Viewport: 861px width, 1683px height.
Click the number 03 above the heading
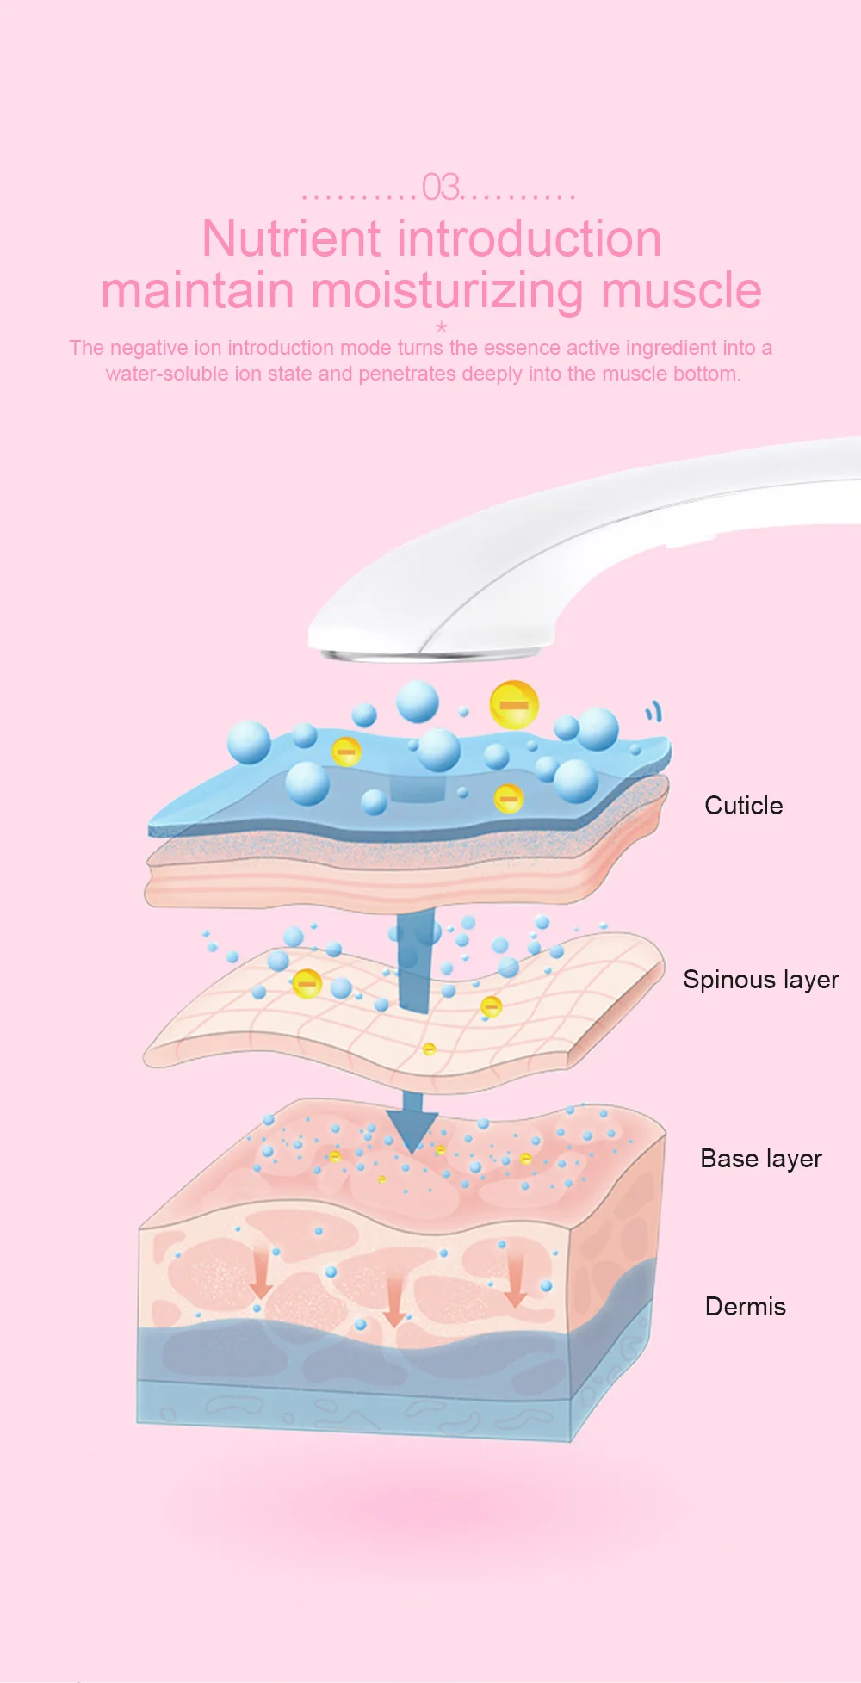(x=441, y=188)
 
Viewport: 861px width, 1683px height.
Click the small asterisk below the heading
(x=442, y=327)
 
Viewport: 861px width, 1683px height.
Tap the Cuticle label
(x=743, y=806)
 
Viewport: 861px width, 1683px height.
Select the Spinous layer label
(x=760, y=980)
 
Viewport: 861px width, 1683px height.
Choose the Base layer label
(x=760, y=1159)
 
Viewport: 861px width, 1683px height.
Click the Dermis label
(x=745, y=1307)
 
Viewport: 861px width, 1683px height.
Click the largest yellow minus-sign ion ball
(x=514, y=705)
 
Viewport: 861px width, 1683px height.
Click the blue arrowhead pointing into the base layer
(x=412, y=1128)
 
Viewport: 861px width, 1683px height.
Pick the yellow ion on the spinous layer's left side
(x=307, y=982)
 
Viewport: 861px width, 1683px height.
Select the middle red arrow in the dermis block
(x=394, y=1301)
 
